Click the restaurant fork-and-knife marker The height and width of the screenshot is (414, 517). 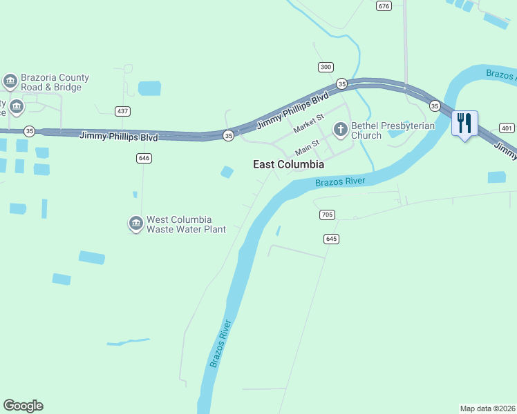[x=464, y=124]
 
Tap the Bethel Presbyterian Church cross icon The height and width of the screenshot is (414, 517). [x=340, y=129]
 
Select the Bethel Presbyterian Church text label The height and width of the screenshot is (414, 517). [x=393, y=130]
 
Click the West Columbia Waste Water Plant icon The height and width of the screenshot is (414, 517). [x=135, y=224]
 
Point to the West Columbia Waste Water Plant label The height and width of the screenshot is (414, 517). [x=186, y=224]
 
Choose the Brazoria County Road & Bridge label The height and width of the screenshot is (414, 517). [x=52, y=83]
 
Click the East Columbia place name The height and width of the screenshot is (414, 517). [x=288, y=165]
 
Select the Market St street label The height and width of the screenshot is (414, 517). [x=308, y=125]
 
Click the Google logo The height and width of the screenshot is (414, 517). [x=23, y=406]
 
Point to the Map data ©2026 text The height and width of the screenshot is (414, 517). [x=487, y=408]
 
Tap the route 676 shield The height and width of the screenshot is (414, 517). [x=384, y=6]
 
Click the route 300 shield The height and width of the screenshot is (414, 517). [x=326, y=67]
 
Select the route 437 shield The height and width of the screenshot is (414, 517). [x=123, y=111]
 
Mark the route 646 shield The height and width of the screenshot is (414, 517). [x=144, y=158]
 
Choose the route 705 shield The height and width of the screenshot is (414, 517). [x=328, y=215]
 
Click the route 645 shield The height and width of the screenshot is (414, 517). [x=331, y=239]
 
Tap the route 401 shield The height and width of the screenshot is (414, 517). [x=507, y=128]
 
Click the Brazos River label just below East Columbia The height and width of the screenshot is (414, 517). [x=339, y=181]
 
